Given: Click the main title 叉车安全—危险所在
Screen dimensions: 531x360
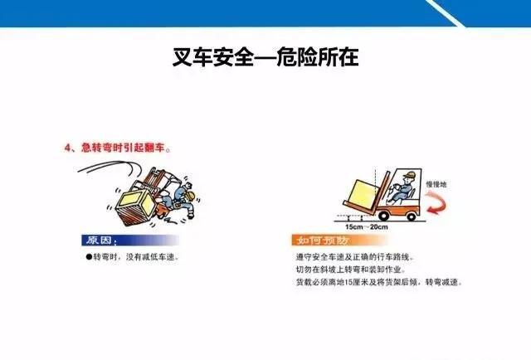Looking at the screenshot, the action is [x=265, y=57].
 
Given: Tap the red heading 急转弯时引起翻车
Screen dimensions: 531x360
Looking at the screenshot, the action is [x=123, y=148].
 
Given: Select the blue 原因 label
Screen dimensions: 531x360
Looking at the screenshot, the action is [x=99, y=240].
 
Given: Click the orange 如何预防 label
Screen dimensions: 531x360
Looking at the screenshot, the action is [x=322, y=240].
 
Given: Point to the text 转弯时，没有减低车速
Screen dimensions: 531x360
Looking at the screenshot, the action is [x=135, y=257].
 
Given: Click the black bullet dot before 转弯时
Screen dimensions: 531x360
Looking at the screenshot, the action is [x=89, y=257].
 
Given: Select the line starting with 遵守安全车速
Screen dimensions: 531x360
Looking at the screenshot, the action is [x=355, y=257].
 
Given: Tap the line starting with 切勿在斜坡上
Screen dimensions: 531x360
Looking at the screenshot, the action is [x=350, y=270].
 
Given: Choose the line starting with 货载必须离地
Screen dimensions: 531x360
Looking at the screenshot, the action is [x=379, y=282].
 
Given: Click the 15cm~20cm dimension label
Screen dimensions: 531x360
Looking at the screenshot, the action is [x=367, y=227].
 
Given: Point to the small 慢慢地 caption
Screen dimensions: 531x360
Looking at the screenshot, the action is [x=436, y=184].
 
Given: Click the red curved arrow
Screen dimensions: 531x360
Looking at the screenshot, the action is [x=437, y=202].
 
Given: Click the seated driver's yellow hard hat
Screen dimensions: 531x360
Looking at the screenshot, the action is [x=409, y=175].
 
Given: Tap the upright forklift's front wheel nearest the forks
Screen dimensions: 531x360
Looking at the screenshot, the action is [x=383, y=215].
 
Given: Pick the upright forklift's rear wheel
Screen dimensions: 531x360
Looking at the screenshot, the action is [x=411, y=216].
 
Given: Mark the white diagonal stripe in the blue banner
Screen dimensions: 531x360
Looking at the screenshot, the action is [x=445, y=13].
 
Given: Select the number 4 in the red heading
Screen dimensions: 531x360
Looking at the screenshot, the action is [x=68, y=148].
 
